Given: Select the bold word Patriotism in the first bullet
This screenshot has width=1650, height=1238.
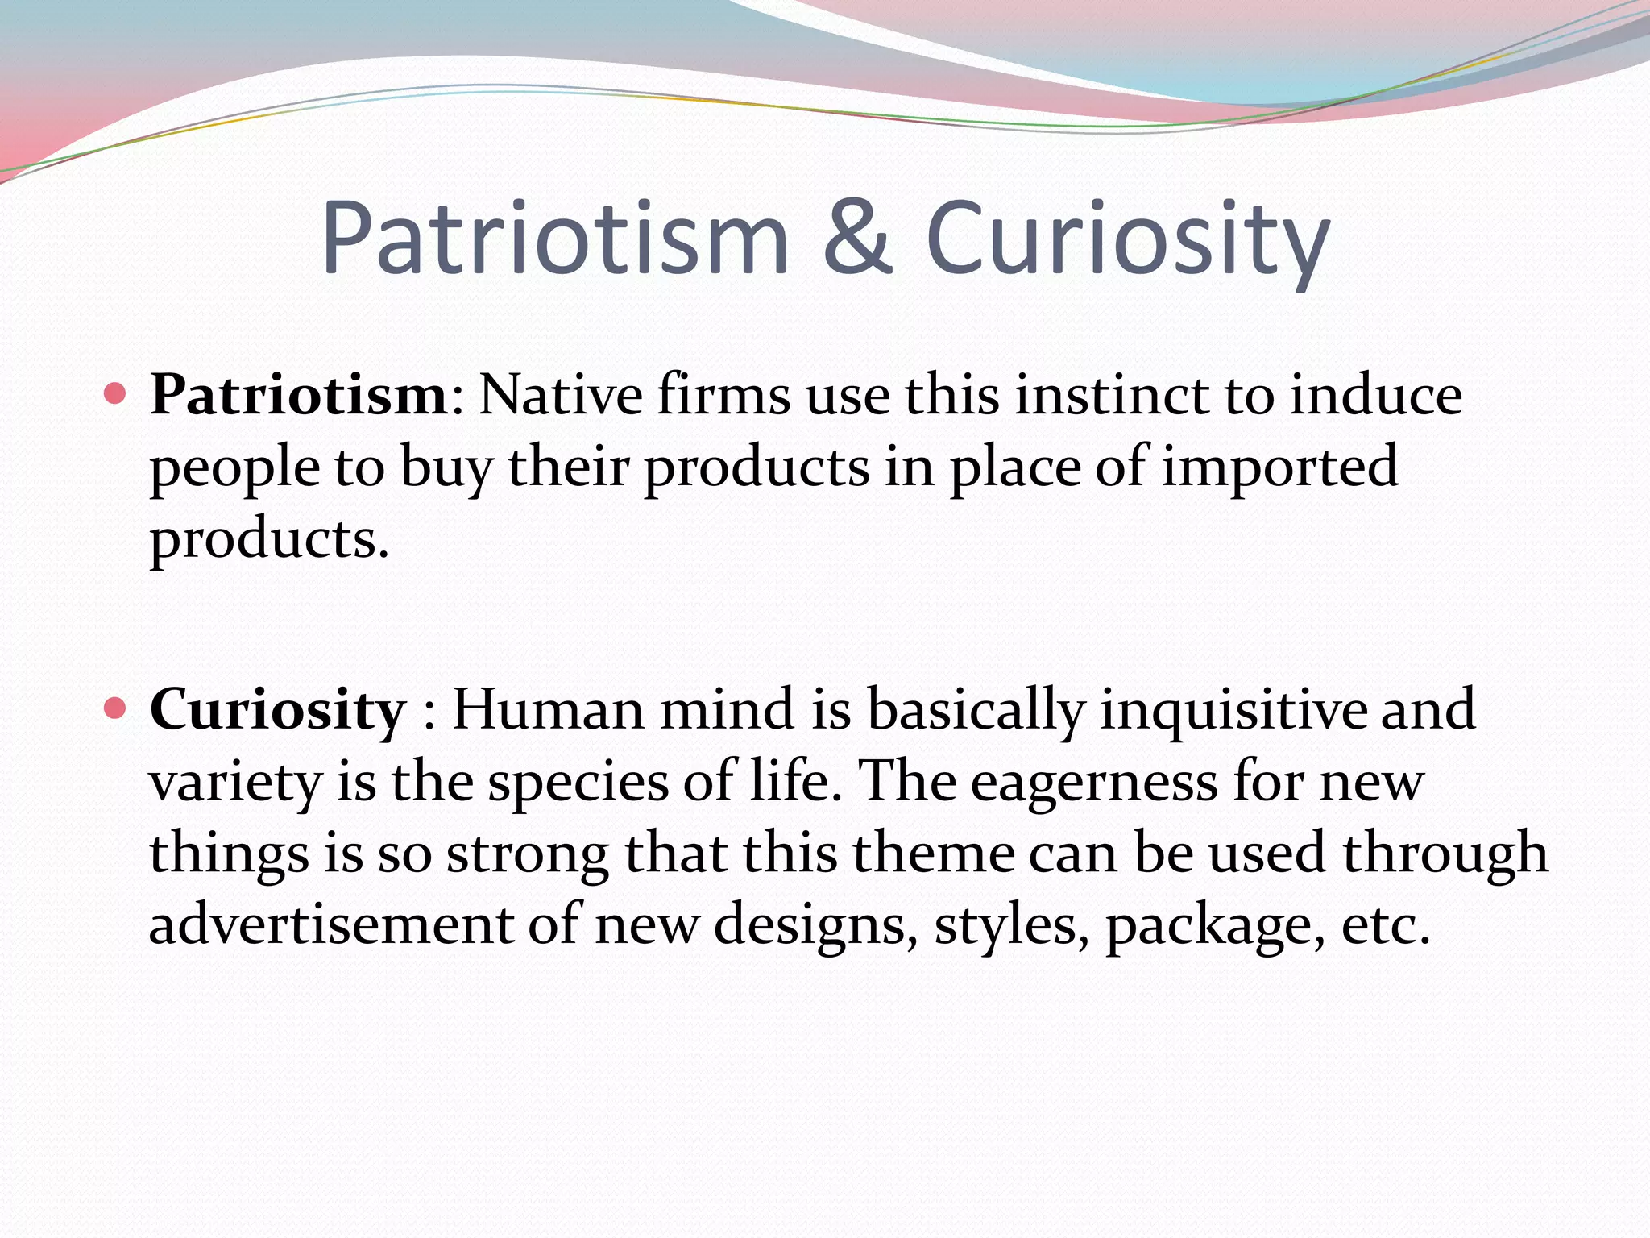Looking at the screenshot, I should coord(299,395).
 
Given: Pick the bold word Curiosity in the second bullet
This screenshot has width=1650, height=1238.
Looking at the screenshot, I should coord(278,709).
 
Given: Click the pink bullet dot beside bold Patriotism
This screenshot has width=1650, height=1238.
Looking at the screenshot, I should coord(116,394).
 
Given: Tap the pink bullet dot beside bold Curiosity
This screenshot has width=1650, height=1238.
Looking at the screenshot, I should coord(116,708).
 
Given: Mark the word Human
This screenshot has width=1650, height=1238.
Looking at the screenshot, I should coord(548,709).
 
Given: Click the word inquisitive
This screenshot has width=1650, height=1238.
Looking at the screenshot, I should coord(1233,709).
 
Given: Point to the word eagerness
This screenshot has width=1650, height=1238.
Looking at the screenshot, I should coord(1094,782).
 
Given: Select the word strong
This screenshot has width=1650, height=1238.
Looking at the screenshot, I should coord(528,853).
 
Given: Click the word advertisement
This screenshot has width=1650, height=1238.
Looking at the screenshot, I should coord(331,924).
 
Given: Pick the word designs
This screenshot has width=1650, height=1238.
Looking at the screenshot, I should coord(815,924).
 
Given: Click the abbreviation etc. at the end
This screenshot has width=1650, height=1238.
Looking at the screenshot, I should coord(1386,924).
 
